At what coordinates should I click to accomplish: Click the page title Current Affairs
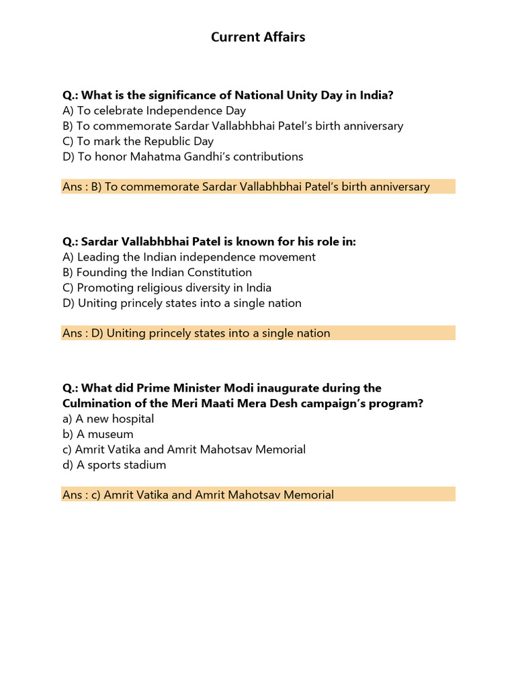[258, 37]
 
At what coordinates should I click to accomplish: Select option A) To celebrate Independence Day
[155, 110]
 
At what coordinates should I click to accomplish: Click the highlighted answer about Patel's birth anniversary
[246, 187]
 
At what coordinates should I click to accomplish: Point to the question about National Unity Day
[228, 95]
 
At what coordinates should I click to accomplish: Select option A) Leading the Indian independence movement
[189, 257]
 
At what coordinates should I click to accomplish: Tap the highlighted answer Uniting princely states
[196, 333]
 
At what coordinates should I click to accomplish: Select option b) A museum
[98, 434]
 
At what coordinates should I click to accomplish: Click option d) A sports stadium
[114, 465]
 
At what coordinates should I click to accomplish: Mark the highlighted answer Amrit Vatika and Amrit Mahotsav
[198, 495]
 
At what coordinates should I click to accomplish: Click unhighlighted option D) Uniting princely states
[182, 303]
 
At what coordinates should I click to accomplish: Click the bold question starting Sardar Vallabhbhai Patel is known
[209, 241]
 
